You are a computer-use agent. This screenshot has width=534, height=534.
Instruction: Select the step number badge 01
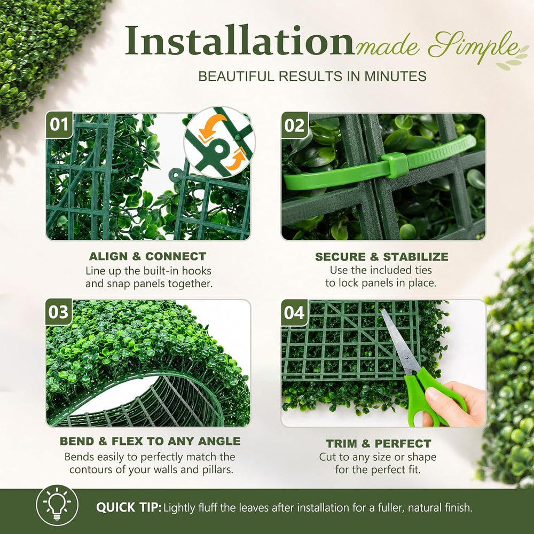(x=59, y=124)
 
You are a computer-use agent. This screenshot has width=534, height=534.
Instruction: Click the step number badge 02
(x=295, y=125)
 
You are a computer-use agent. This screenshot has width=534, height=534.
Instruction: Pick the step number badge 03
(x=59, y=312)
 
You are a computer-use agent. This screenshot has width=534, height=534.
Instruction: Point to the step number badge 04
(x=295, y=312)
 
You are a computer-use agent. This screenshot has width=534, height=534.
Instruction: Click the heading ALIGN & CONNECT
(x=147, y=256)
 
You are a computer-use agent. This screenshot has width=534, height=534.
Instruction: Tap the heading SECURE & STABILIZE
(x=381, y=256)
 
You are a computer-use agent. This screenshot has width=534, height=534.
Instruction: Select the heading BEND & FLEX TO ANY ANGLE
(x=150, y=441)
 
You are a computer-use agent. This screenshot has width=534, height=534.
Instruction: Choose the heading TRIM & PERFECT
(x=379, y=443)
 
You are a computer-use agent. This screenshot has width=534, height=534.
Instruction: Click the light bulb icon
(x=57, y=505)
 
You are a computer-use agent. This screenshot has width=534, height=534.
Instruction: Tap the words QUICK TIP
(x=128, y=507)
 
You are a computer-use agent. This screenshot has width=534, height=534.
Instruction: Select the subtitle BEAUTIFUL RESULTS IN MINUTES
(x=312, y=76)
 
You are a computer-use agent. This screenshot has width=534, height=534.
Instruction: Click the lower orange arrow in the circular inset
(x=237, y=159)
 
